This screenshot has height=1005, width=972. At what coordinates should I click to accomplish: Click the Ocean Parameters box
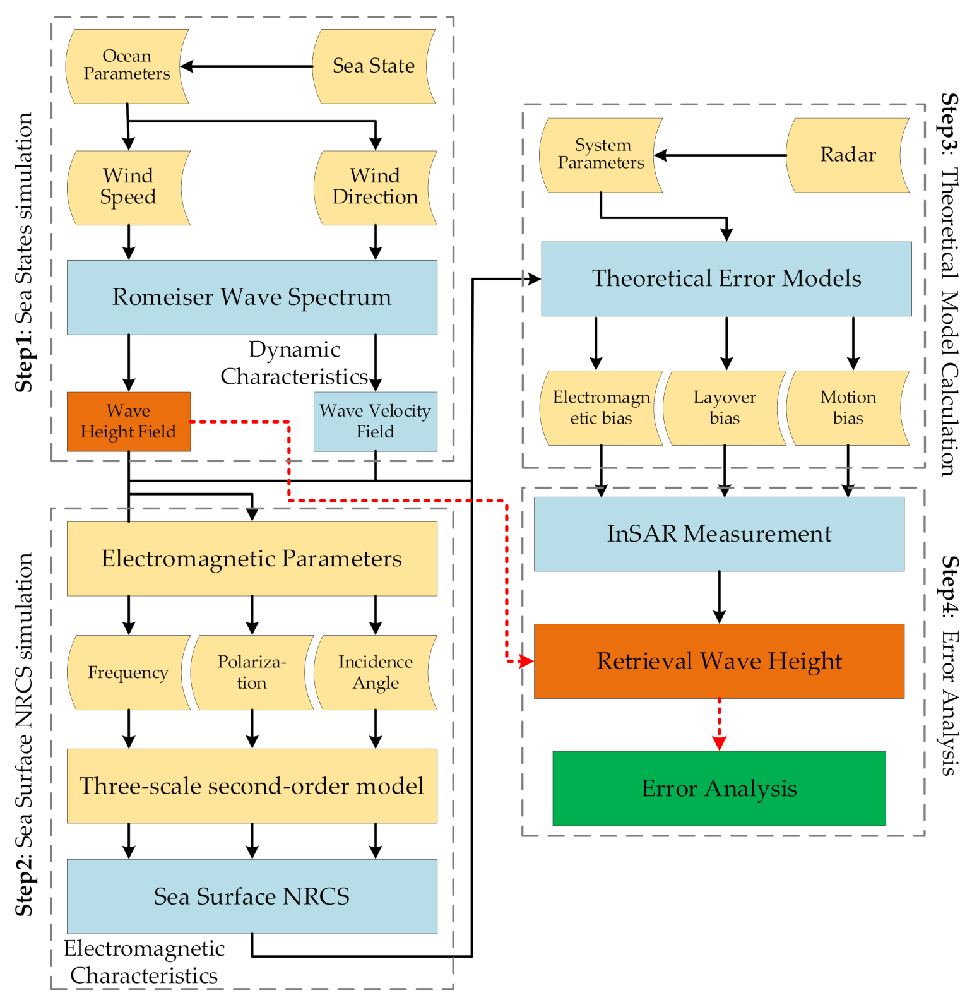(x=127, y=66)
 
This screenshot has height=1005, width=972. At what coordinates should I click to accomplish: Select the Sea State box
(x=374, y=66)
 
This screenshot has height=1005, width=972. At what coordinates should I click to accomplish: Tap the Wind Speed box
(x=128, y=187)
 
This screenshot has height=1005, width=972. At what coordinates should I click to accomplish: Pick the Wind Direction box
(x=375, y=187)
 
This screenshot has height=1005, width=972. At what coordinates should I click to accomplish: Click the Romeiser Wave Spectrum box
(x=252, y=297)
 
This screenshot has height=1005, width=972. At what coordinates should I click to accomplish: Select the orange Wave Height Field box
(x=128, y=422)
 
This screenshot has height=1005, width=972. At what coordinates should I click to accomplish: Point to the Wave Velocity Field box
(x=375, y=422)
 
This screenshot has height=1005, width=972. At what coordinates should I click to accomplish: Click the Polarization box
(x=252, y=672)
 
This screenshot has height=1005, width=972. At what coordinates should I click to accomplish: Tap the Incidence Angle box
(x=375, y=672)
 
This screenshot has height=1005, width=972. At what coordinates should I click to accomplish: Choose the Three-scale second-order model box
(x=252, y=786)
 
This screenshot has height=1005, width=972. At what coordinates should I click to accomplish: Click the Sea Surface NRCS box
(x=252, y=896)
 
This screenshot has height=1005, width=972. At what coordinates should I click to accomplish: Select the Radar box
(x=848, y=155)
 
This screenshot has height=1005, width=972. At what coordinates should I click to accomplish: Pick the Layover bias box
(x=725, y=408)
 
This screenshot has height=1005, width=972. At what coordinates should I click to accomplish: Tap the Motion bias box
(x=848, y=408)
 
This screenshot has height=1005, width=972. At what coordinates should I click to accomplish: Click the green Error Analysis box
(x=719, y=788)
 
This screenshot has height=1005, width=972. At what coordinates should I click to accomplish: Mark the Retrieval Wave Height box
(x=719, y=661)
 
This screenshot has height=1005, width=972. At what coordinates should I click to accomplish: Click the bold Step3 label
(x=949, y=122)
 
